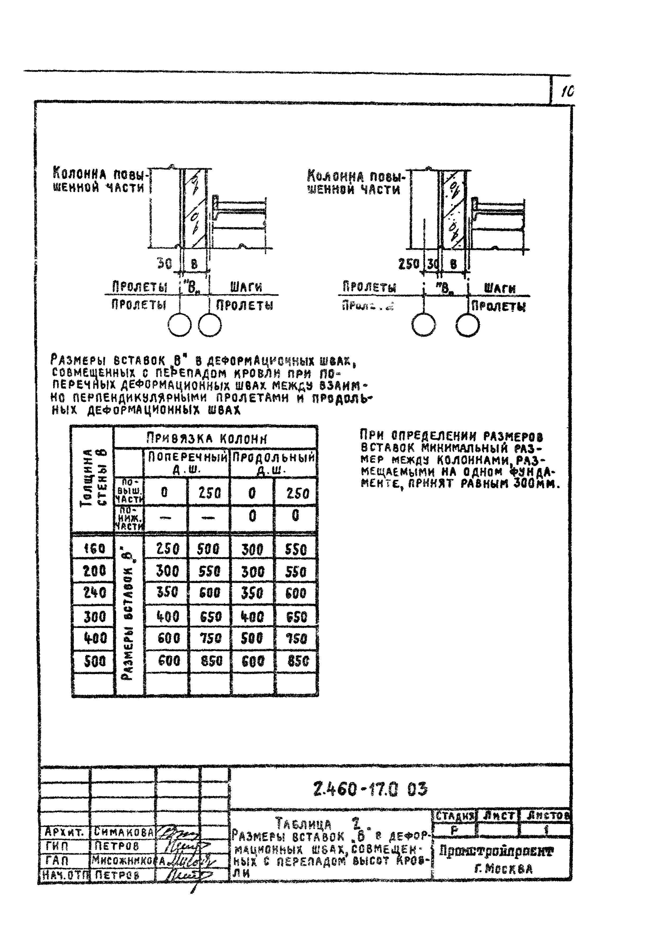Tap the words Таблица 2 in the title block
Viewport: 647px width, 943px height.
pos(318,824)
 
